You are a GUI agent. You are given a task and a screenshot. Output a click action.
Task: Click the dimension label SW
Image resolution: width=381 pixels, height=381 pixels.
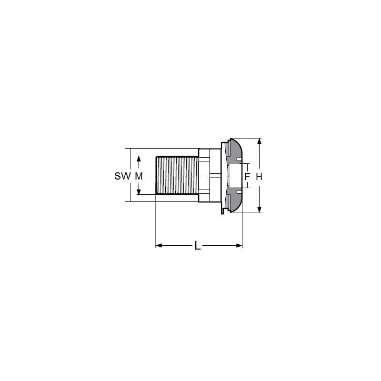pos(122,176)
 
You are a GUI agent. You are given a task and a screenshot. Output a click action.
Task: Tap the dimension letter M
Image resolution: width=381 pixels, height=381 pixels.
pos(139,176)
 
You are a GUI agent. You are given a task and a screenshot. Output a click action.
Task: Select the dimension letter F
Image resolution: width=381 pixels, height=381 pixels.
pos(247,176)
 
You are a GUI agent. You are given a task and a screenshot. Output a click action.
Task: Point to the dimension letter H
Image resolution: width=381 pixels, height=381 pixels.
pos(259,177)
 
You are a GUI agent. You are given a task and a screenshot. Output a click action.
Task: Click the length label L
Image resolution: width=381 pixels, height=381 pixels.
pos(198,246)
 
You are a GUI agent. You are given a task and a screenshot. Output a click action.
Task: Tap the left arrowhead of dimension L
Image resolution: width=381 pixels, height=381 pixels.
pos(159,246)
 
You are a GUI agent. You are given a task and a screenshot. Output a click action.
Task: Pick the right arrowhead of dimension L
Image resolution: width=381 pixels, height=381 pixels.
pos(239,246)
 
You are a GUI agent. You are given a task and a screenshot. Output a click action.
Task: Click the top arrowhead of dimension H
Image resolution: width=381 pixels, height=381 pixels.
pos(259,141)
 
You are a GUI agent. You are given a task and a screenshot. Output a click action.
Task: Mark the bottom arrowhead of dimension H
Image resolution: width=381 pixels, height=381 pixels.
pos(259,209)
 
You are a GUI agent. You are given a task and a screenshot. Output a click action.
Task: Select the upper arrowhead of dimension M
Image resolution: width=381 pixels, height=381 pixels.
pos(139,159)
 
